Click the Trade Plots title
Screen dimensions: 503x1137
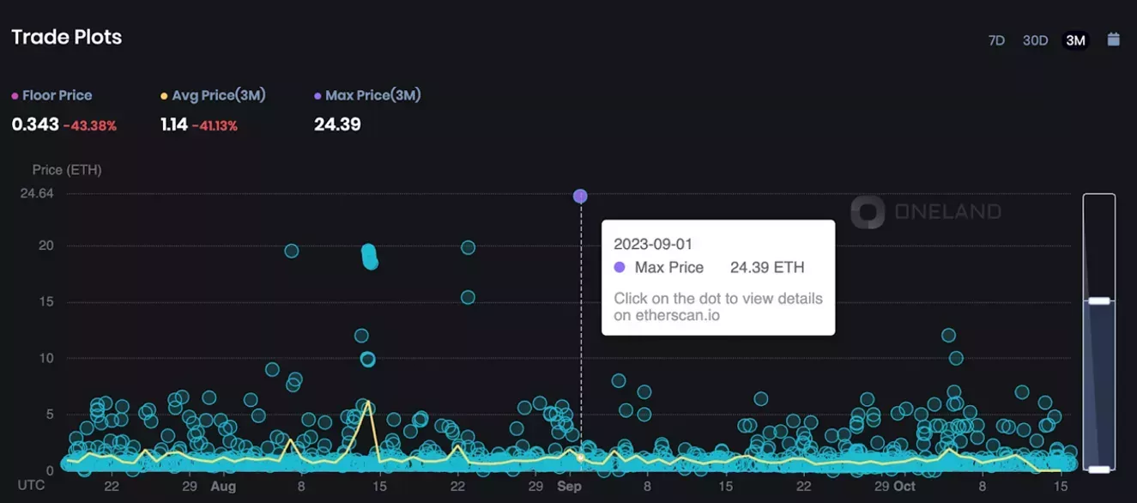pos(66,37)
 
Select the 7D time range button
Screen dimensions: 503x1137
pos(996,40)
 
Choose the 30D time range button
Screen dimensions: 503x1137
pos(1035,40)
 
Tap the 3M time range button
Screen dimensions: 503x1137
pos(1075,40)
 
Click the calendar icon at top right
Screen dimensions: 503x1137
pos(1114,39)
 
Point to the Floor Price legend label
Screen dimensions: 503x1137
pos(57,95)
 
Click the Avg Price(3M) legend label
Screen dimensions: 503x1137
pos(218,95)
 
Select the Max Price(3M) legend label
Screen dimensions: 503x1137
pos(372,95)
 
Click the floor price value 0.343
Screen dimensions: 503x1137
pos(35,124)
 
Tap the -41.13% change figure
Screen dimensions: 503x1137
pos(215,125)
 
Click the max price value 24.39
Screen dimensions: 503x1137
pos(337,124)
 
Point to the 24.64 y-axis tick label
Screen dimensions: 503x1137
pos(37,193)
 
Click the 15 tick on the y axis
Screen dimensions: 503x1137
pos(45,301)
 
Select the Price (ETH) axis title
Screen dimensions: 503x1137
pos(67,170)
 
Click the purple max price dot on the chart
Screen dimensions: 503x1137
pos(580,197)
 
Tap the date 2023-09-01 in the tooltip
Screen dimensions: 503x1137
pos(652,244)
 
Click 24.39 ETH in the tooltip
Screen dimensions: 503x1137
pos(767,268)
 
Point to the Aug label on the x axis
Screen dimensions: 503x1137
pos(223,486)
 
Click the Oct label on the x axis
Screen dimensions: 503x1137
pos(904,486)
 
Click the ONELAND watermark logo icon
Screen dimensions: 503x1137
pos(868,212)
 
